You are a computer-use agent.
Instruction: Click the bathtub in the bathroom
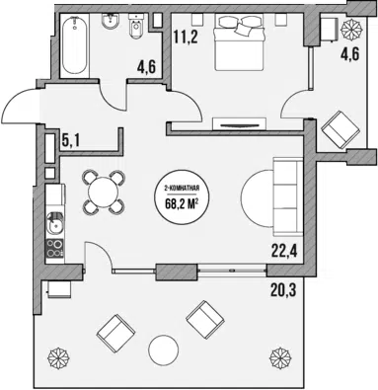click(x=75, y=45)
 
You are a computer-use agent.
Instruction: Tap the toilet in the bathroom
click(x=135, y=27)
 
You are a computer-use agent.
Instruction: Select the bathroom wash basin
click(x=111, y=23)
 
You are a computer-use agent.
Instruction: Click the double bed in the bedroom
click(x=240, y=42)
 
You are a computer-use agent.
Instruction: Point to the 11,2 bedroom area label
click(x=186, y=38)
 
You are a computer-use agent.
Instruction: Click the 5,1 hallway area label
click(x=71, y=141)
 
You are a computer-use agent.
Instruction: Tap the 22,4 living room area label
click(x=284, y=252)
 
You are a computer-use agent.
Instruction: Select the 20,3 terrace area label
click(x=283, y=290)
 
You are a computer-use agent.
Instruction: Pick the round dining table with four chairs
click(x=104, y=192)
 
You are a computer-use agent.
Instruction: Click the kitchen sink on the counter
click(x=55, y=224)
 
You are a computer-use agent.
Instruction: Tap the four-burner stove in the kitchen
click(x=55, y=248)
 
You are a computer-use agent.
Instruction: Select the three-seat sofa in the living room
click(x=288, y=196)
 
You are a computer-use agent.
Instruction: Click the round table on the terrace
click(x=164, y=350)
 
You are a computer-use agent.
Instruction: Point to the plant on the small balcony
click(x=351, y=30)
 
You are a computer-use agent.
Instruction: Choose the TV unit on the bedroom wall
click(x=240, y=123)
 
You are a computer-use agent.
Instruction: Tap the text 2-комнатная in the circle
click(x=182, y=189)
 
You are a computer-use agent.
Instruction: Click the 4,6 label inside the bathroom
click(x=147, y=68)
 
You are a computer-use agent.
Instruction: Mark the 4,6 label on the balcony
click(x=349, y=54)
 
